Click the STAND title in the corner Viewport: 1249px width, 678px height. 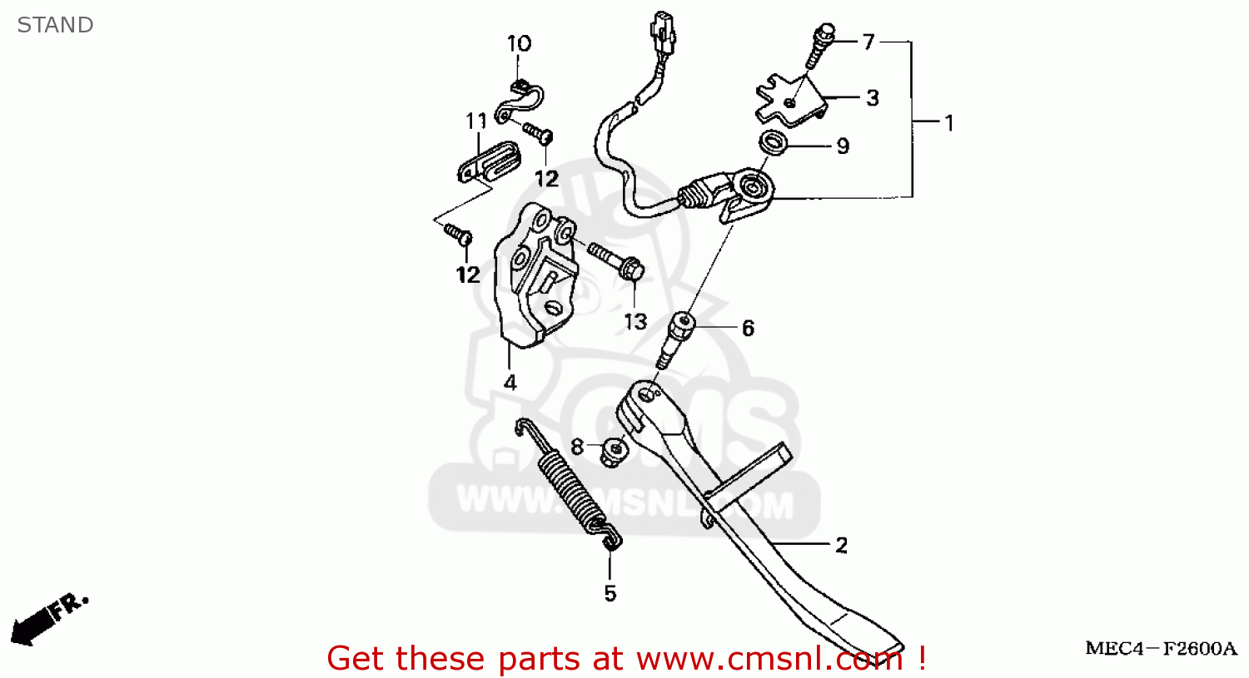(x=55, y=25)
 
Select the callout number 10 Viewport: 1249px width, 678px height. (x=519, y=44)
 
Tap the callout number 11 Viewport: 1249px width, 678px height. (x=475, y=121)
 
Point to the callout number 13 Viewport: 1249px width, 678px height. (x=635, y=321)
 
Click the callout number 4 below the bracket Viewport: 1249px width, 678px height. (x=510, y=383)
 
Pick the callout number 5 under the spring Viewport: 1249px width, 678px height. (x=610, y=593)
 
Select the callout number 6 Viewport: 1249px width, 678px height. (x=748, y=329)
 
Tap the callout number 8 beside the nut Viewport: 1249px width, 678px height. (x=577, y=447)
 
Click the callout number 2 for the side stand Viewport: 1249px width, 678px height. (x=841, y=546)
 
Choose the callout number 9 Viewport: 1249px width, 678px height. (x=843, y=146)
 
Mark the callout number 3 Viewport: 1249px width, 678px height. (x=872, y=98)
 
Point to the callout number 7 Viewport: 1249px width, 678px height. (x=868, y=42)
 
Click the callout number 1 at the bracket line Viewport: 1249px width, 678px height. (x=948, y=123)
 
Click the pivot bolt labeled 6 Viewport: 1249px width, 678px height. (x=675, y=337)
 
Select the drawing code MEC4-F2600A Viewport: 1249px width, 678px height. (x=1161, y=649)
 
